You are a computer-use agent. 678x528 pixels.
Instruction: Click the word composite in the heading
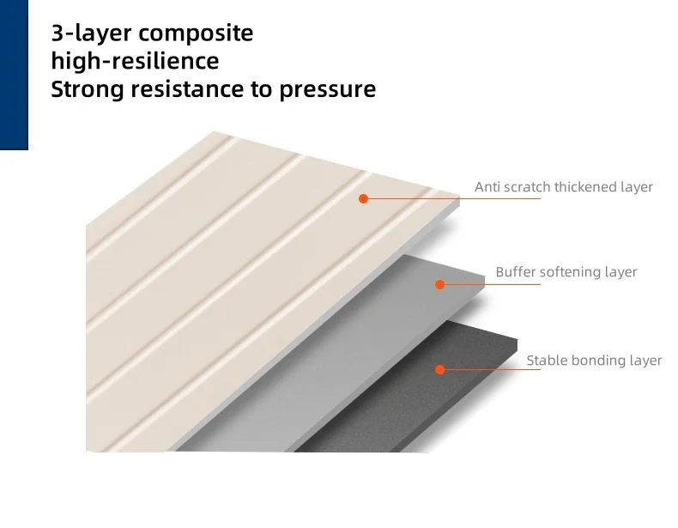point(197,34)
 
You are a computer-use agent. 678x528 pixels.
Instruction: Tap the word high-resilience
point(135,62)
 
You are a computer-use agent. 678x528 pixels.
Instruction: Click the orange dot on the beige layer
point(363,198)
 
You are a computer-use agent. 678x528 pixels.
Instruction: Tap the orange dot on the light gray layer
point(440,284)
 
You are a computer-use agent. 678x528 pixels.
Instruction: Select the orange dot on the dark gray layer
point(439,370)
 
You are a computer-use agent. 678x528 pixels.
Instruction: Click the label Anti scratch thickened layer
point(564,186)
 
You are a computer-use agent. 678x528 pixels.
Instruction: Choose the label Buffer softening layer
point(566,272)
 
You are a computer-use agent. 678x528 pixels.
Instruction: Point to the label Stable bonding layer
point(594,361)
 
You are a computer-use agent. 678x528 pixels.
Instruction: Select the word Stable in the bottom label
point(546,361)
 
